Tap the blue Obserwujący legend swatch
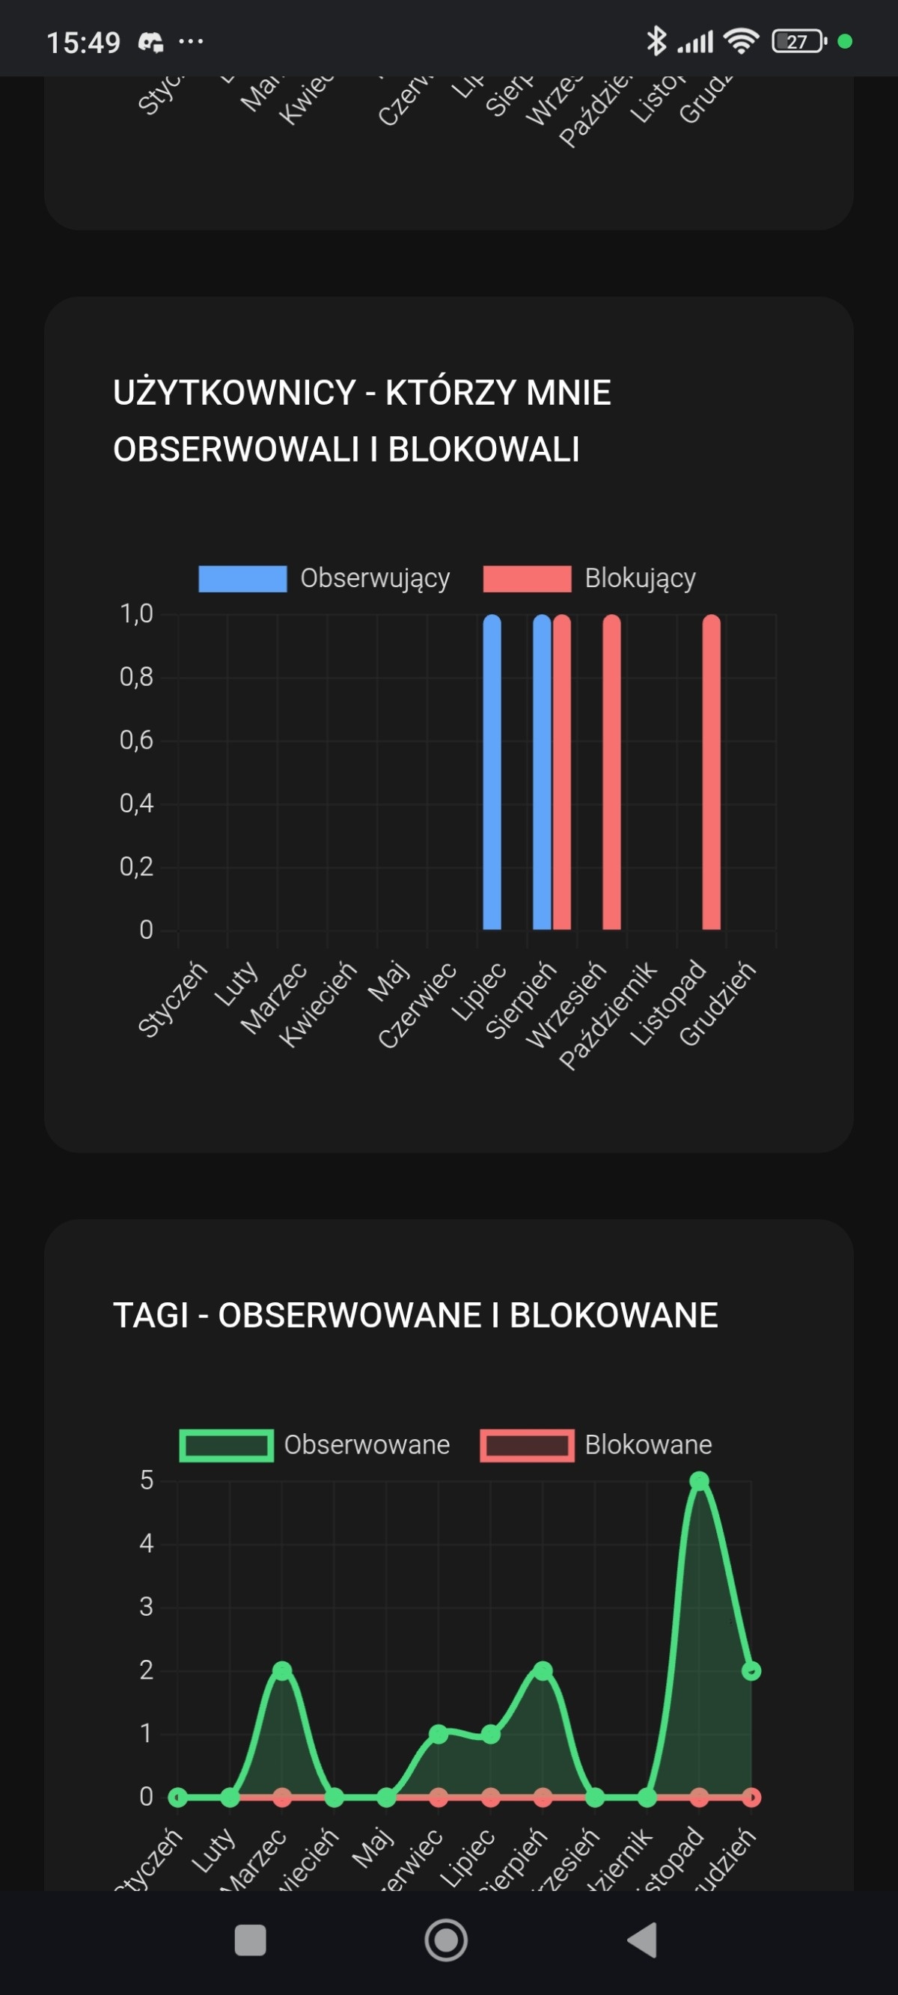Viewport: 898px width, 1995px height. pos(242,578)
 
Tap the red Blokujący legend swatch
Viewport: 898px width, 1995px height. pos(527,578)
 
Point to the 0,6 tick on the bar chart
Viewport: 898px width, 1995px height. pos(136,741)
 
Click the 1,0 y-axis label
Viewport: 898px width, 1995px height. pos(136,614)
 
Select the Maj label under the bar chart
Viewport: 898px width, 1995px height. pos(388,982)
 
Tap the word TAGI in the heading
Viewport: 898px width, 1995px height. pos(151,1315)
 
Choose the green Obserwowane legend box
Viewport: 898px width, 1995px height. pos(226,1445)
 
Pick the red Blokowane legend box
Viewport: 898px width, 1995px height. pos(527,1445)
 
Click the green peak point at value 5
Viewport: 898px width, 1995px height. pos(700,1481)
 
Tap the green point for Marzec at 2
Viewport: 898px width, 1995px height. pos(282,1670)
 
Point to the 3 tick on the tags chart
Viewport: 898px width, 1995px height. pos(147,1607)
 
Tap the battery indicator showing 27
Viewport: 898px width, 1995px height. pos(798,42)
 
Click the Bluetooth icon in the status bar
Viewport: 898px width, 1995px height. pos(656,41)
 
